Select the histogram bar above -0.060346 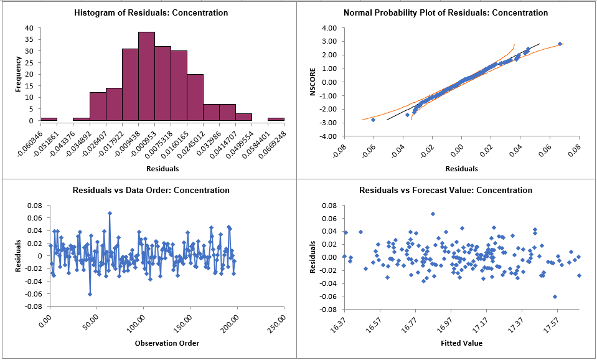[x=49, y=118]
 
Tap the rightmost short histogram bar [x=276, y=118]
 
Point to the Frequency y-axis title [x=18, y=74]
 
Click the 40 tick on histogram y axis [x=30, y=28]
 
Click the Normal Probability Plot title [x=446, y=12]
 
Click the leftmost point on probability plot [x=373, y=120]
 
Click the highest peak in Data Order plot [x=110, y=213]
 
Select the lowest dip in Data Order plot [x=90, y=294]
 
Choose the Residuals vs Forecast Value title [x=446, y=190]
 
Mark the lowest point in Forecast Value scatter [x=554, y=296]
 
